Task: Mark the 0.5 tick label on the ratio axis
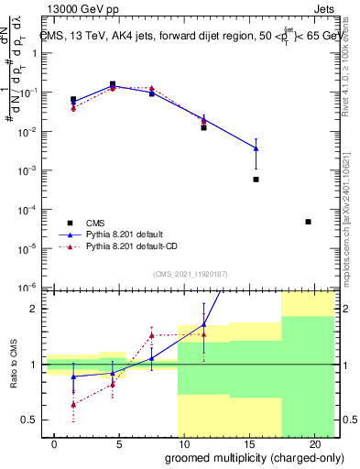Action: (x=33, y=420)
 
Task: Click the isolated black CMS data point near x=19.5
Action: (x=308, y=222)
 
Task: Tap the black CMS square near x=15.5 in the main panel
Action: (x=256, y=180)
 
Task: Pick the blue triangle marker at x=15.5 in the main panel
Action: (x=256, y=148)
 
